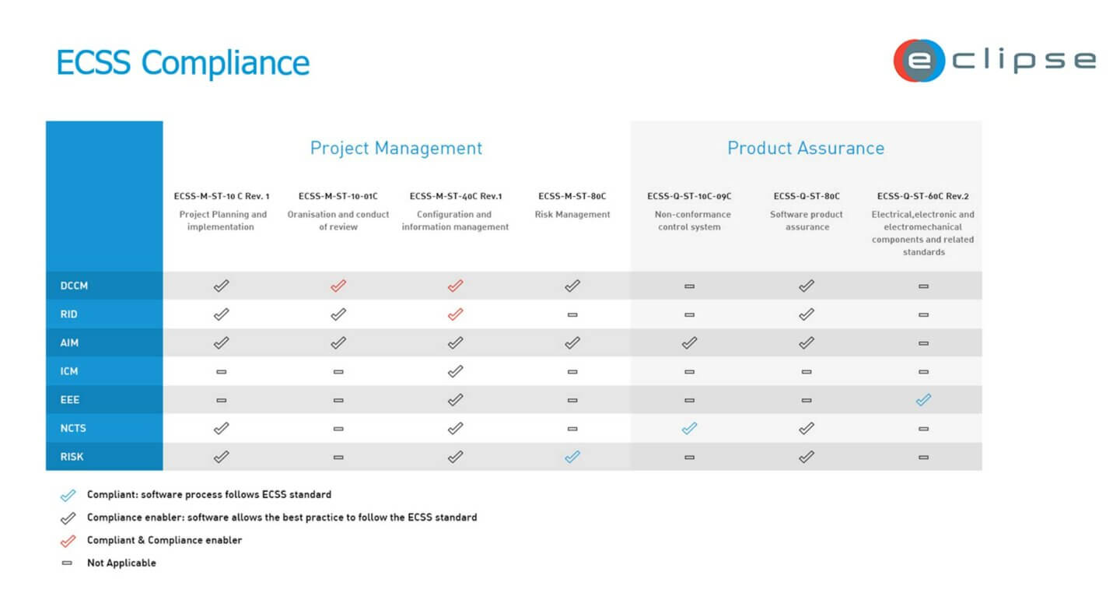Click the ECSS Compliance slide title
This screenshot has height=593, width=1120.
click(183, 62)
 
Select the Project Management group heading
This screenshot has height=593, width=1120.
click(396, 148)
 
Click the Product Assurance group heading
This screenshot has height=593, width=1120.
click(805, 148)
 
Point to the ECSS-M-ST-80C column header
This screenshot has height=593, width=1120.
click(572, 196)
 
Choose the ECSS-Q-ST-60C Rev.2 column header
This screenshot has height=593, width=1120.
click(922, 196)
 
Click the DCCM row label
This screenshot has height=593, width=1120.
click(74, 286)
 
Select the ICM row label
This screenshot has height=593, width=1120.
click(69, 371)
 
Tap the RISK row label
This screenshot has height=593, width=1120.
click(72, 457)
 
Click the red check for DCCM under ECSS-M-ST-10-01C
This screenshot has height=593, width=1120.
click(338, 286)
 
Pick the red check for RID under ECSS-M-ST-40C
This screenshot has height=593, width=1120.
click(455, 314)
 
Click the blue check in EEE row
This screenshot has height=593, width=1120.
click(923, 400)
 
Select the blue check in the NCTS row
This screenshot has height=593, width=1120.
click(689, 428)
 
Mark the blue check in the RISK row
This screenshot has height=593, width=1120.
click(572, 457)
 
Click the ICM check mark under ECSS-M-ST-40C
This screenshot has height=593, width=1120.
click(455, 371)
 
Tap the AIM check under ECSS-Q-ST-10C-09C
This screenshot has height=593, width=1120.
click(689, 342)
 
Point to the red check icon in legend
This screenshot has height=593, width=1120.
click(68, 540)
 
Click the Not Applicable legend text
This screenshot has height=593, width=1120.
click(121, 563)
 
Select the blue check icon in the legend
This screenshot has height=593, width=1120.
click(68, 495)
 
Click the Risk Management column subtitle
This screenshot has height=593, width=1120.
click(572, 215)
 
